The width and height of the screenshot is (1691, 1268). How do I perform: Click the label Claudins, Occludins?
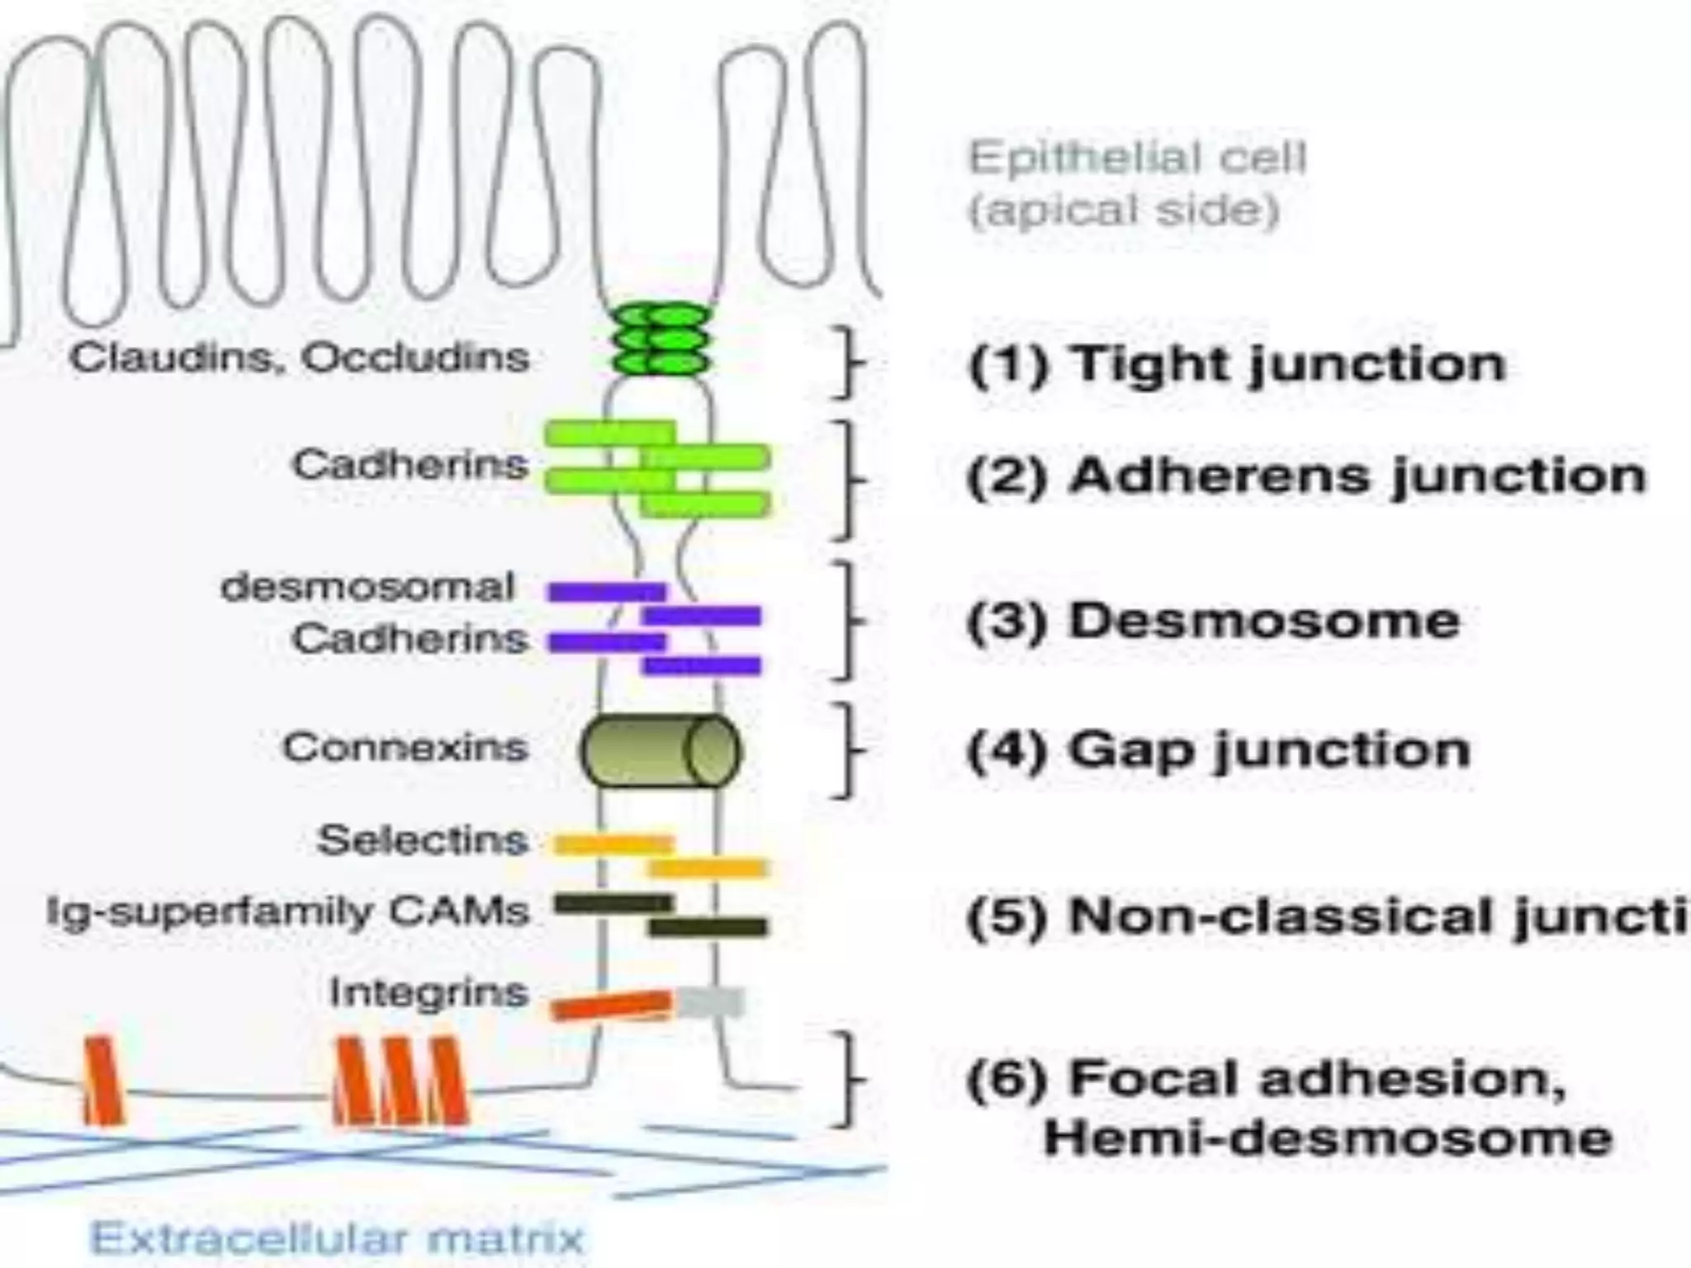click(299, 358)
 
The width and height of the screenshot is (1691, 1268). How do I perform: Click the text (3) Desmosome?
click(1213, 621)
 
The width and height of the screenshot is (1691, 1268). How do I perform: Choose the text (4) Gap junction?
click(1219, 750)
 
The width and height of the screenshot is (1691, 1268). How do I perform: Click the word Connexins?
click(405, 748)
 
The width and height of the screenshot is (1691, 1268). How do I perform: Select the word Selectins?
click(422, 841)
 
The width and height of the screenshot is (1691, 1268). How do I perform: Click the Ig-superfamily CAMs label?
click(287, 912)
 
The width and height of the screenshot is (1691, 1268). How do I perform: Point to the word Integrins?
click(429, 993)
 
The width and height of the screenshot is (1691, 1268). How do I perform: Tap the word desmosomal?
click(367, 588)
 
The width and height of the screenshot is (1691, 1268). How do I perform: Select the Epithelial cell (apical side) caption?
click(1137, 183)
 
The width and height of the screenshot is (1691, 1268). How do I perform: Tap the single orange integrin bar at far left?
click(103, 1081)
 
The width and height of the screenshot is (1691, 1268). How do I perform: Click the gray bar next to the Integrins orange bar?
click(711, 1003)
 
